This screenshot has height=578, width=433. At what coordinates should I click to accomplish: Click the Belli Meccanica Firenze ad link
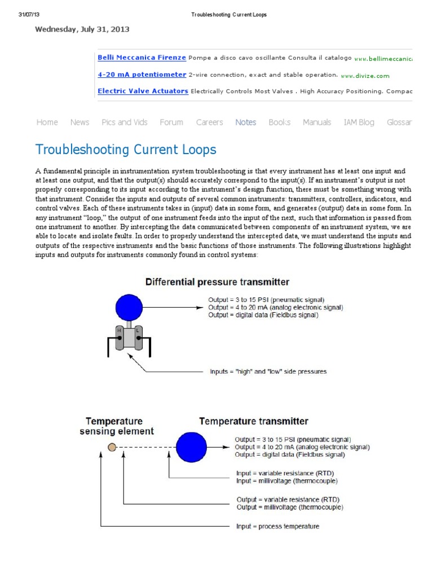tap(142, 58)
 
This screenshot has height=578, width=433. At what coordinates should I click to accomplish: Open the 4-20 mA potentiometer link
tap(142, 75)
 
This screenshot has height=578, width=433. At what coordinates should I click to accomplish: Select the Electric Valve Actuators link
tap(143, 91)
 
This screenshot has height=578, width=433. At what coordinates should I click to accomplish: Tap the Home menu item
tap(47, 122)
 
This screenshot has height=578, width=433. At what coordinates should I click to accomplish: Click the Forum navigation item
tap(171, 122)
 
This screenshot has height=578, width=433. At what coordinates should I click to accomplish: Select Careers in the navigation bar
tap(209, 122)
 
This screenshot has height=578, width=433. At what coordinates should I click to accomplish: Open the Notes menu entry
tap(246, 122)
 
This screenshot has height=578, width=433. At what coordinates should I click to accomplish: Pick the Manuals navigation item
tap(317, 122)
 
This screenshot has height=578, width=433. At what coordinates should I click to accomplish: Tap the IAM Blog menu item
tap(359, 122)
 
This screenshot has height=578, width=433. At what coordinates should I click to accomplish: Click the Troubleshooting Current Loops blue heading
tap(126, 150)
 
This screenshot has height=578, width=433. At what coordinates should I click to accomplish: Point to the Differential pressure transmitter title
tap(218, 282)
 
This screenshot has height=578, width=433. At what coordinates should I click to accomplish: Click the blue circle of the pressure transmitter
tap(130, 308)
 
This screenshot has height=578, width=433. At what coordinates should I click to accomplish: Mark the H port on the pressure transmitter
tap(120, 332)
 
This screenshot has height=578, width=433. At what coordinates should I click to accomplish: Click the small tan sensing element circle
tap(112, 448)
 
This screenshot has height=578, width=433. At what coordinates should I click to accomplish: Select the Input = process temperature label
tap(277, 526)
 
